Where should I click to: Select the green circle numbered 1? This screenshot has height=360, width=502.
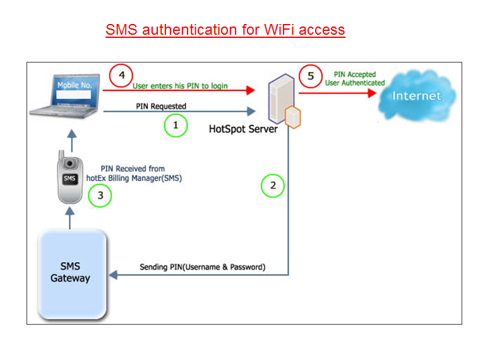pyautogui.click(x=176, y=126)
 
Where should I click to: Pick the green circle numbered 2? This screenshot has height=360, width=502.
pyautogui.click(x=273, y=186)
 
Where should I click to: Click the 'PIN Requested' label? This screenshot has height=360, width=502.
pyautogui.click(x=161, y=106)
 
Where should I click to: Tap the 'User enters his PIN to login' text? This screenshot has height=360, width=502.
pyautogui.click(x=180, y=85)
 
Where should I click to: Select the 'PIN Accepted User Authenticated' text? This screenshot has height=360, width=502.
pyautogui.click(x=355, y=78)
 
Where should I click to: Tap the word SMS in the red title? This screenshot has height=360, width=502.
pyautogui.click(x=121, y=30)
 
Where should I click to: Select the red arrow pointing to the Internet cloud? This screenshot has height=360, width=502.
pyautogui.click(x=341, y=93)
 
